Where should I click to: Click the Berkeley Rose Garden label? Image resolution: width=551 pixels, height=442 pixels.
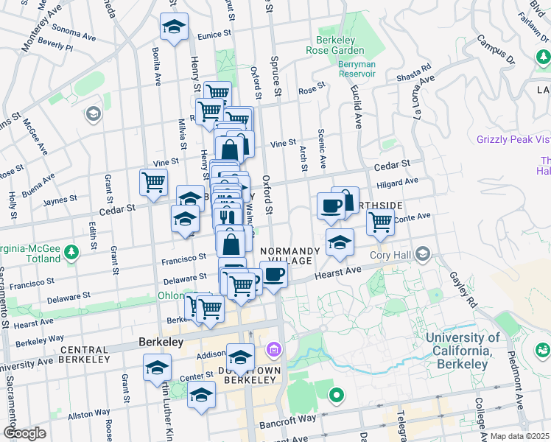(340, 45)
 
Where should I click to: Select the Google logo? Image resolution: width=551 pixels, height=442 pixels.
(24, 433)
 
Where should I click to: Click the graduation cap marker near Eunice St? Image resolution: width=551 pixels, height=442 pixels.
(174, 27)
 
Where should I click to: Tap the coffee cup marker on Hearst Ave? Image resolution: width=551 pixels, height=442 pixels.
(274, 275)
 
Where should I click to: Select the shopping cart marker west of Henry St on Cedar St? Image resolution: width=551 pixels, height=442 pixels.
(153, 181)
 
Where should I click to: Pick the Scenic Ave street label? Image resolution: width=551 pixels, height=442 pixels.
(322, 147)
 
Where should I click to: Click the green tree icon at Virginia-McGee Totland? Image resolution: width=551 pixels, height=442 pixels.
(71, 253)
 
